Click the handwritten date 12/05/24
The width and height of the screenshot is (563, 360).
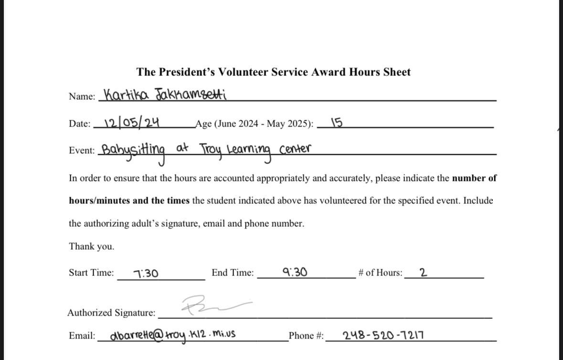(x=131, y=123)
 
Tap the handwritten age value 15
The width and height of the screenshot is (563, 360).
(x=336, y=123)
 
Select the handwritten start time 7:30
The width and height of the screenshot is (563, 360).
(x=146, y=274)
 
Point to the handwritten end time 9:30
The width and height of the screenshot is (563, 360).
(x=295, y=273)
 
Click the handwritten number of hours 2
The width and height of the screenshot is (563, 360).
(x=423, y=273)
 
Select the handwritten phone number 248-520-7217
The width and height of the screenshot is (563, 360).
(x=383, y=335)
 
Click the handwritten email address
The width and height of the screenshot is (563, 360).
(x=173, y=335)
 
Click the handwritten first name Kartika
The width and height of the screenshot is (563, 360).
(x=127, y=95)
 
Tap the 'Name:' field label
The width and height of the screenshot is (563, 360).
(x=82, y=96)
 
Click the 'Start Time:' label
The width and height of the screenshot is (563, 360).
(x=91, y=273)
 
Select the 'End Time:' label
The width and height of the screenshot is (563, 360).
(x=233, y=273)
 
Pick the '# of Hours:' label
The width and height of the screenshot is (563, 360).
(x=380, y=273)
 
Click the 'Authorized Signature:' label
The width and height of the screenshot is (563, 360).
(x=111, y=313)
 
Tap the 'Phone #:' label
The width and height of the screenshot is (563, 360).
(x=306, y=336)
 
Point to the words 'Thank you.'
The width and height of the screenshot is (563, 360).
(x=92, y=246)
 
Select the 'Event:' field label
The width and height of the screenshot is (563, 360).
(x=82, y=150)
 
